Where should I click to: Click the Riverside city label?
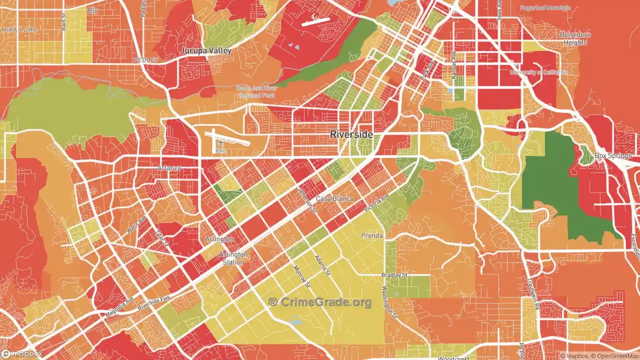[351, 134]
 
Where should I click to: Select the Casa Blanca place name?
[334, 198]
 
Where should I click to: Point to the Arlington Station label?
[233, 258]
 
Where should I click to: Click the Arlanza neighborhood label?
[169, 168]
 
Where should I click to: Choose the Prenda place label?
[371, 235]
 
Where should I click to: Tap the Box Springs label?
[613, 155]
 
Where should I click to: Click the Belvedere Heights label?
[575, 38]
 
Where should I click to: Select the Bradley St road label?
[394, 275]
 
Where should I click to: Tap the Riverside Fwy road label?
[154, 302]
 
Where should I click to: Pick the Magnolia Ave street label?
[119, 306]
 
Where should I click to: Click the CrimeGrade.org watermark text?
[320, 302]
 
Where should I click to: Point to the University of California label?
[538, 72]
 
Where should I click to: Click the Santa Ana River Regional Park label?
[255, 91]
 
